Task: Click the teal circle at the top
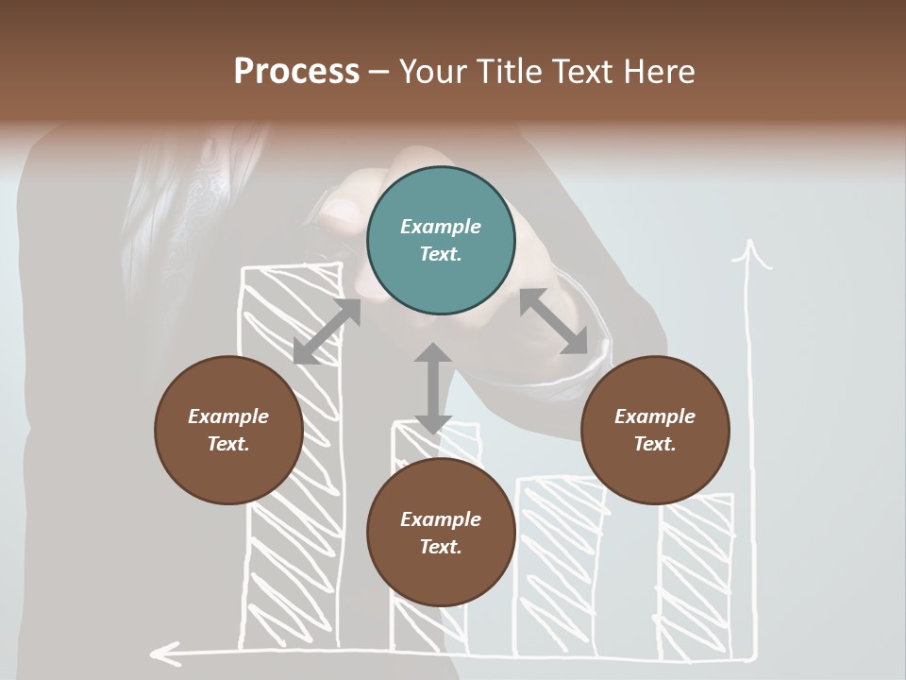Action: (x=441, y=241)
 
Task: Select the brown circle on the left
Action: (x=228, y=430)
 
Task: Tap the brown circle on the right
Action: (x=655, y=430)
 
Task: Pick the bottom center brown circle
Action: (x=441, y=533)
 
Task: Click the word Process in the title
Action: (x=296, y=71)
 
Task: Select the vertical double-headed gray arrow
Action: (x=433, y=388)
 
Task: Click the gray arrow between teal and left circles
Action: (x=327, y=331)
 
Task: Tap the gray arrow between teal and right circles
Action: (x=553, y=321)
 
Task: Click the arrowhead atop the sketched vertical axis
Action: (x=752, y=253)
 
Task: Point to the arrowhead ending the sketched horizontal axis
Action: (x=166, y=651)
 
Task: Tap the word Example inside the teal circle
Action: (x=441, y=227)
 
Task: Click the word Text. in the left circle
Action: (x=228, y=444)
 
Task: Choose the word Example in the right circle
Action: (x=655, y=416)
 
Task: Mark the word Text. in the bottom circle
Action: (x=441, y=547)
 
